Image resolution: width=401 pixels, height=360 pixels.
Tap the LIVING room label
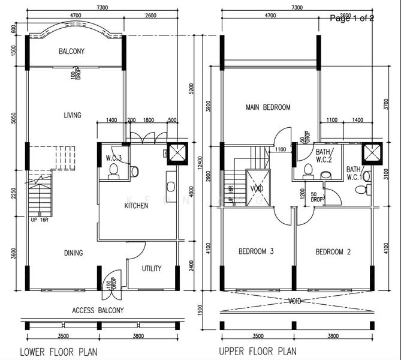(x=73, y=115)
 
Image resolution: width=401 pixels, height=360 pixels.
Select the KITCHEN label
(x=136, y=206)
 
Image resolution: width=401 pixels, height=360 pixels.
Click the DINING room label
(x=73, y=253)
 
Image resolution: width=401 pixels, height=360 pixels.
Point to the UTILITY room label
(x=152, y=268)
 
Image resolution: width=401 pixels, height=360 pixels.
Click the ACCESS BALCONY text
(x=98, y=310)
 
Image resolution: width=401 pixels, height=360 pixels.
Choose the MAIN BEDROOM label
(x=268, y=107)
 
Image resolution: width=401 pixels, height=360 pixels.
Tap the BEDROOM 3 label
(x=256, y=251)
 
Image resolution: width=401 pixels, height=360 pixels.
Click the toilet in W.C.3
(x=113, y=170)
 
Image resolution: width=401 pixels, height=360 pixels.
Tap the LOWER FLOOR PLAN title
(x=59, y=352)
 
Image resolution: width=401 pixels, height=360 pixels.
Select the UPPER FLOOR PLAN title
(x=258, y=352)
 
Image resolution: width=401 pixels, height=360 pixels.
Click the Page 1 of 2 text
(x=352, y=19)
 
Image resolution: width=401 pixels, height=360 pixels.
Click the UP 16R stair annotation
(x=40, y=220)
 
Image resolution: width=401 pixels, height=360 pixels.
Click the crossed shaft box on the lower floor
(x=178, y=154)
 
